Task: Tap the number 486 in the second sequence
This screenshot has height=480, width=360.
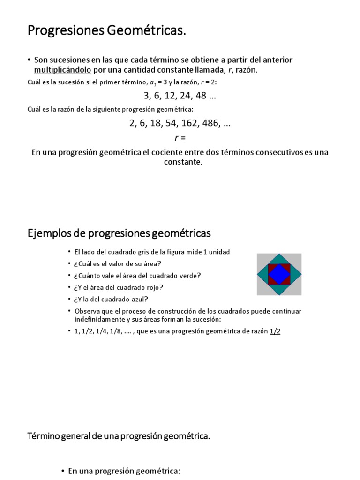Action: coord(210,124)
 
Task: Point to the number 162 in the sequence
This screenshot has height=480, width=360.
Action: coord(185,124)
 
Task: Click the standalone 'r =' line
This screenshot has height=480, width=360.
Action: coord(180,138)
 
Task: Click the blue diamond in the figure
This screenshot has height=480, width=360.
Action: coord(279,274)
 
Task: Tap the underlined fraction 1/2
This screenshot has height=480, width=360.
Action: coord(276,331)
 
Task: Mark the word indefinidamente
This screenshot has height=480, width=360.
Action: coord(99,319)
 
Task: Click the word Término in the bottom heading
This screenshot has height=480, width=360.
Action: coord(44,436)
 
